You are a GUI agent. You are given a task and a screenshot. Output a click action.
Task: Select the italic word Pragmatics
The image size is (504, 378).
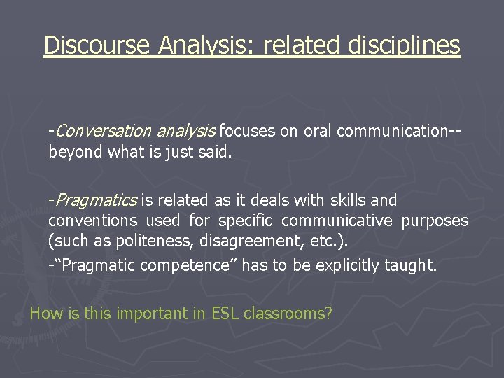point(96,201)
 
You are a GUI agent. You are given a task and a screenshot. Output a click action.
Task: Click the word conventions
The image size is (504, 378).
point(92,221)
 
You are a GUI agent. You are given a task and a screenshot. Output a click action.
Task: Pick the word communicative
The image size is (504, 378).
point(337,221)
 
